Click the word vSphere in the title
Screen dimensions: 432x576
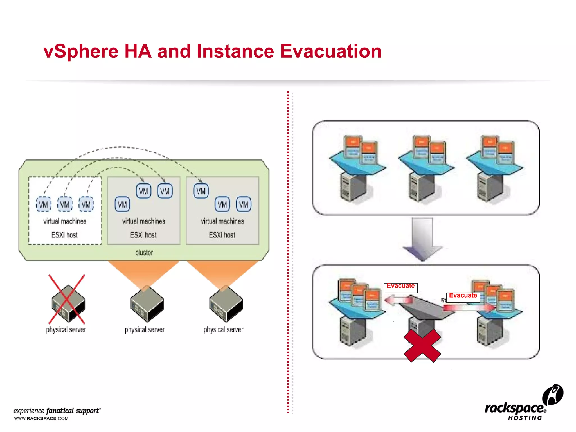tap(81, 52)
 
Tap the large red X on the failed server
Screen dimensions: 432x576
tap(422, 345)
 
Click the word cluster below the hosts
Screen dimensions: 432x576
tap(144, 253)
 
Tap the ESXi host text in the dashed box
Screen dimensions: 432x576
tap(64, 235)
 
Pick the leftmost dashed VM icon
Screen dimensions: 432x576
tap(44, 204)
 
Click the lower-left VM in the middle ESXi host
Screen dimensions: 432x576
tap(122, 204)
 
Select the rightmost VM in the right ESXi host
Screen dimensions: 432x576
tap(244, 204)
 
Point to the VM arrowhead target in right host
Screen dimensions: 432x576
tap(201, 191)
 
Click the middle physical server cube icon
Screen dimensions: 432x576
tap(147, 304)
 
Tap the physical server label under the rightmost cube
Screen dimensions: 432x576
tap(223, 330)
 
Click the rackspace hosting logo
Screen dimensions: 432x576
tap(520, 405)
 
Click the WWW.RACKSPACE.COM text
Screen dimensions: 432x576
tap(41, 418)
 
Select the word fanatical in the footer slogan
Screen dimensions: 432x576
tap(60, 411)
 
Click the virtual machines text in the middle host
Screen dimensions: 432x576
tap(143, 221)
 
